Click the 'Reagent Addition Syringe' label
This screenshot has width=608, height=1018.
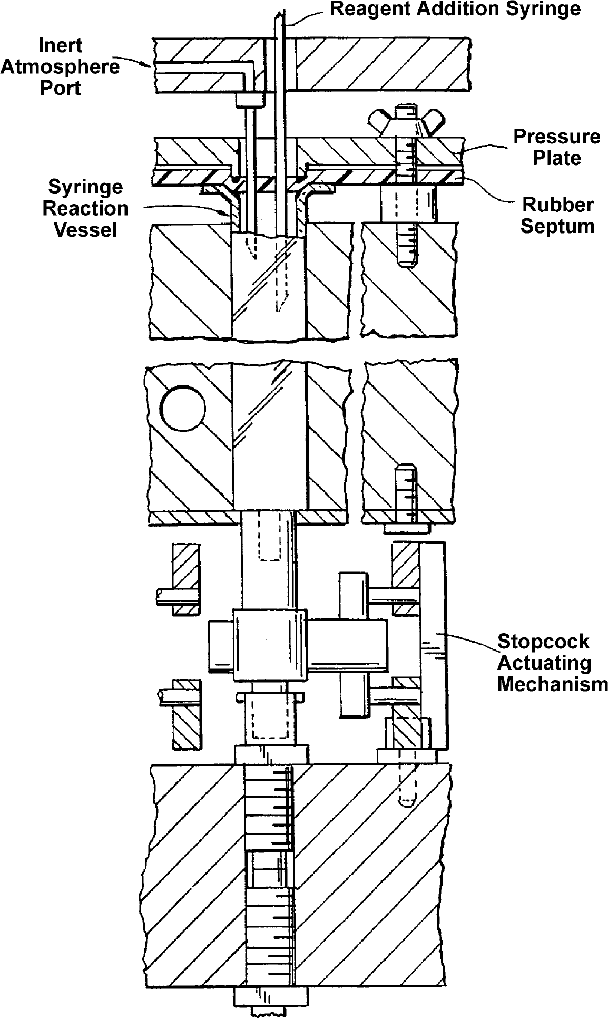tap(455, 9)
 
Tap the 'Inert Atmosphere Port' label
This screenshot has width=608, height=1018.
tap(60, 67)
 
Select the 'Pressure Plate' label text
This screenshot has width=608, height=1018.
tap(557, 147)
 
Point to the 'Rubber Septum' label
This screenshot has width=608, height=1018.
tap(557, 215)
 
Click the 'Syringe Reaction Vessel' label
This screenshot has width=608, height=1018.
tap(85, 208)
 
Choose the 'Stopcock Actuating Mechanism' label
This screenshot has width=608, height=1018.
tap(553, 663)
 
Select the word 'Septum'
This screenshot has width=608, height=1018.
tap(557, 226)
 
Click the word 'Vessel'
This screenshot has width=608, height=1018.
tap(85, 229)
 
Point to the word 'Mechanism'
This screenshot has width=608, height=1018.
tap(553, 684)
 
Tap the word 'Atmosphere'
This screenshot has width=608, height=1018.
tap(60, 67)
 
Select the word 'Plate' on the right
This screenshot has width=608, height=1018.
tap(557, 158)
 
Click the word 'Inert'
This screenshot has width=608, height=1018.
tap(60, 46)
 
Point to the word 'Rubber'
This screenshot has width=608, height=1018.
tap(557, 205)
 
